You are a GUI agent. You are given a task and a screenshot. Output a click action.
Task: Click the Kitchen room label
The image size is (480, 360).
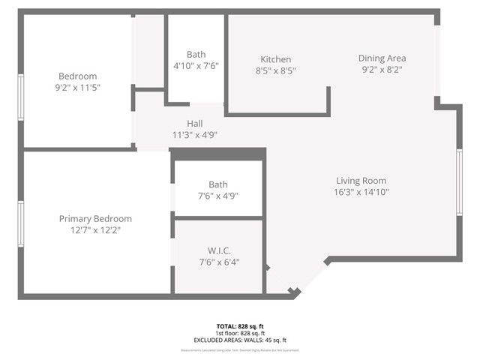click(275, 59)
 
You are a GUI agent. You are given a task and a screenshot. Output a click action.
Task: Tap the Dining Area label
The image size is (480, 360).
click(382, 58)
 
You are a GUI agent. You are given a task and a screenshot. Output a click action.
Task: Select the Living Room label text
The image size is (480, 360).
click(361, 180)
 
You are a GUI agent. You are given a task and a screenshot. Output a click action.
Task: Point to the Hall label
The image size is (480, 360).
click(194, 124)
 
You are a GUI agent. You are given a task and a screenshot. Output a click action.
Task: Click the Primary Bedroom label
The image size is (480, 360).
click(95, 219)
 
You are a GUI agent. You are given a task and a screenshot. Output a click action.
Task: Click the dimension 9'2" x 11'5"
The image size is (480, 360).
click(79, 88)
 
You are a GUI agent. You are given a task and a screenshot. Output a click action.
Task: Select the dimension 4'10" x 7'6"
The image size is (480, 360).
click(196, 66)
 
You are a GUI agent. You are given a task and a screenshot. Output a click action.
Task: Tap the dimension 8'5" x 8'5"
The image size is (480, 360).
click(275, 71)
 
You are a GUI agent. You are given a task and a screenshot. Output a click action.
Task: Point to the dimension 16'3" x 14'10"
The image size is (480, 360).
click(361, 192)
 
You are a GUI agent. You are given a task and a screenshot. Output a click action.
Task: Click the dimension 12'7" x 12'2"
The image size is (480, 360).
click(95, 231)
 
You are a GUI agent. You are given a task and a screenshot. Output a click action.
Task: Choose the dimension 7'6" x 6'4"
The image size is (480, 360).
click(218, 262)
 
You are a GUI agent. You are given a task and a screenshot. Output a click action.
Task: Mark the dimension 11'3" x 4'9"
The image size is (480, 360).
click(194, 135)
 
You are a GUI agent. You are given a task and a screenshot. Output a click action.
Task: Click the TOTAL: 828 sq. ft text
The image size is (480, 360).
click(240, 326)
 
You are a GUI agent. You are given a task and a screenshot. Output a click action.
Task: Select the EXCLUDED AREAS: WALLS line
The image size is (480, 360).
click(240, 340)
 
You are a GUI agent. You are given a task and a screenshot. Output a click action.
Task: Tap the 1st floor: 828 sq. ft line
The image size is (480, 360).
click(240, 333)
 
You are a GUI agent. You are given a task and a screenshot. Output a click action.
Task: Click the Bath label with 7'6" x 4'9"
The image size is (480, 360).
click(218, 184)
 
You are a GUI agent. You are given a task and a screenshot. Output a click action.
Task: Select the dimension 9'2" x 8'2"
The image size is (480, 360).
click(382, 70)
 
